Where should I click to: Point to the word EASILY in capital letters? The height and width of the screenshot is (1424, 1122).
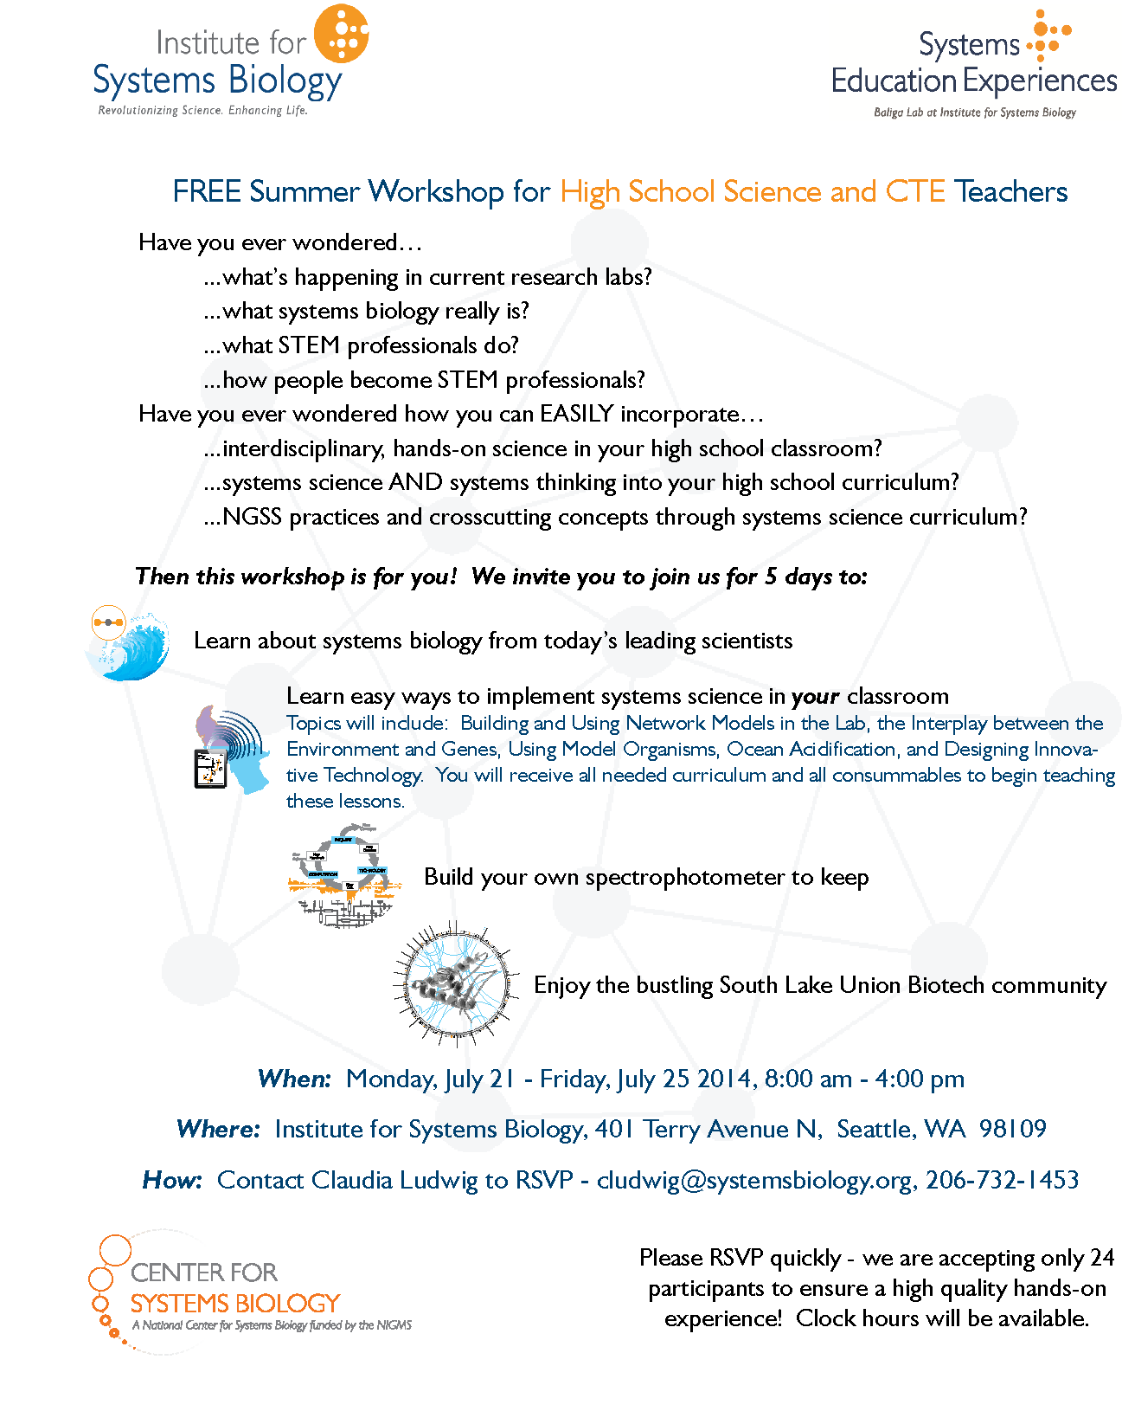[576, 414]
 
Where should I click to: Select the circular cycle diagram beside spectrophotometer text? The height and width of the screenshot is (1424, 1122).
[344, 877]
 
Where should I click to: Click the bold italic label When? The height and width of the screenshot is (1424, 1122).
[294, 1079]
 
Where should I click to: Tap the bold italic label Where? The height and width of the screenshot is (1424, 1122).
[217, 1130]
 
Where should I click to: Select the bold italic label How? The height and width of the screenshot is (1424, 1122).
[172, 1181]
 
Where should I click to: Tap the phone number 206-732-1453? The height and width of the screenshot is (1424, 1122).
[1002, 1180]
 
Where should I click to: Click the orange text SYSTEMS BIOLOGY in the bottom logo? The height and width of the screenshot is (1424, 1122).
[235, 1304]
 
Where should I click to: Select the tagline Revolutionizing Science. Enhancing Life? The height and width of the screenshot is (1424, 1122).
[202, 111]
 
